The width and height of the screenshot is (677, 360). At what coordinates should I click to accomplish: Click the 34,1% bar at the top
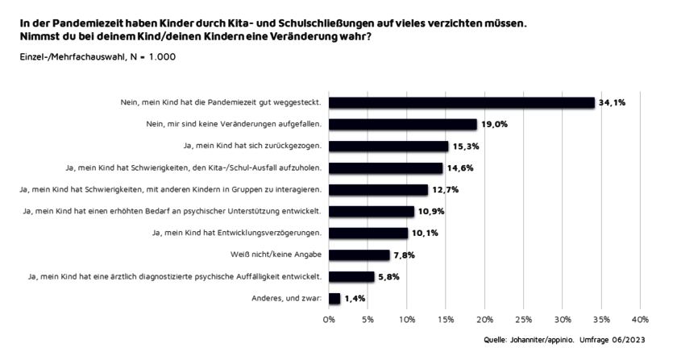(461, 102)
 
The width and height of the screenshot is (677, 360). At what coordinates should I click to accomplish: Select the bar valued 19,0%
(403, 124)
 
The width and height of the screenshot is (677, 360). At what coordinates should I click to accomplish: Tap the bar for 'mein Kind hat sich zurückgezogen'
(388, 146)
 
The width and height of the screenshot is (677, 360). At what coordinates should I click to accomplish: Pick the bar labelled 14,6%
(385, 168)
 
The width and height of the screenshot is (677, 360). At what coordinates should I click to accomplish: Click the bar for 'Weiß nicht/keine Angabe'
(359, 254)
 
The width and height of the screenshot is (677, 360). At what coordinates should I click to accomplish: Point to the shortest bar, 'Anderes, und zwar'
(334, 298)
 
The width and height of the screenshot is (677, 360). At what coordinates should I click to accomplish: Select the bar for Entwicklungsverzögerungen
(368, 233)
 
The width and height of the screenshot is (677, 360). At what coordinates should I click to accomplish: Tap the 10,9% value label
(430, 212)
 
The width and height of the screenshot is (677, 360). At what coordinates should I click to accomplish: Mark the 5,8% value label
(388, 277)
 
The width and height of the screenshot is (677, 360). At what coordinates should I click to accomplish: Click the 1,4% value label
(355, 299)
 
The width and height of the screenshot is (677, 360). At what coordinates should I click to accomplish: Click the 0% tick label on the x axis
(329, 319)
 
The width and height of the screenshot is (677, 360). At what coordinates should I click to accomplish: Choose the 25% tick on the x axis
(523, 319)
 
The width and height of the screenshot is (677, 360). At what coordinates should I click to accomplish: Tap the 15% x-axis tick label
(446, 319)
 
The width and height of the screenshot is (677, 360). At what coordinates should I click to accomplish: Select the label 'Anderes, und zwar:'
(289, 299)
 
